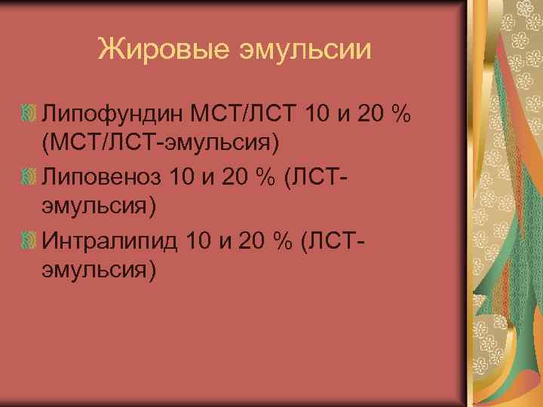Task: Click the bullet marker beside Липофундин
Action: tap(29, 115)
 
